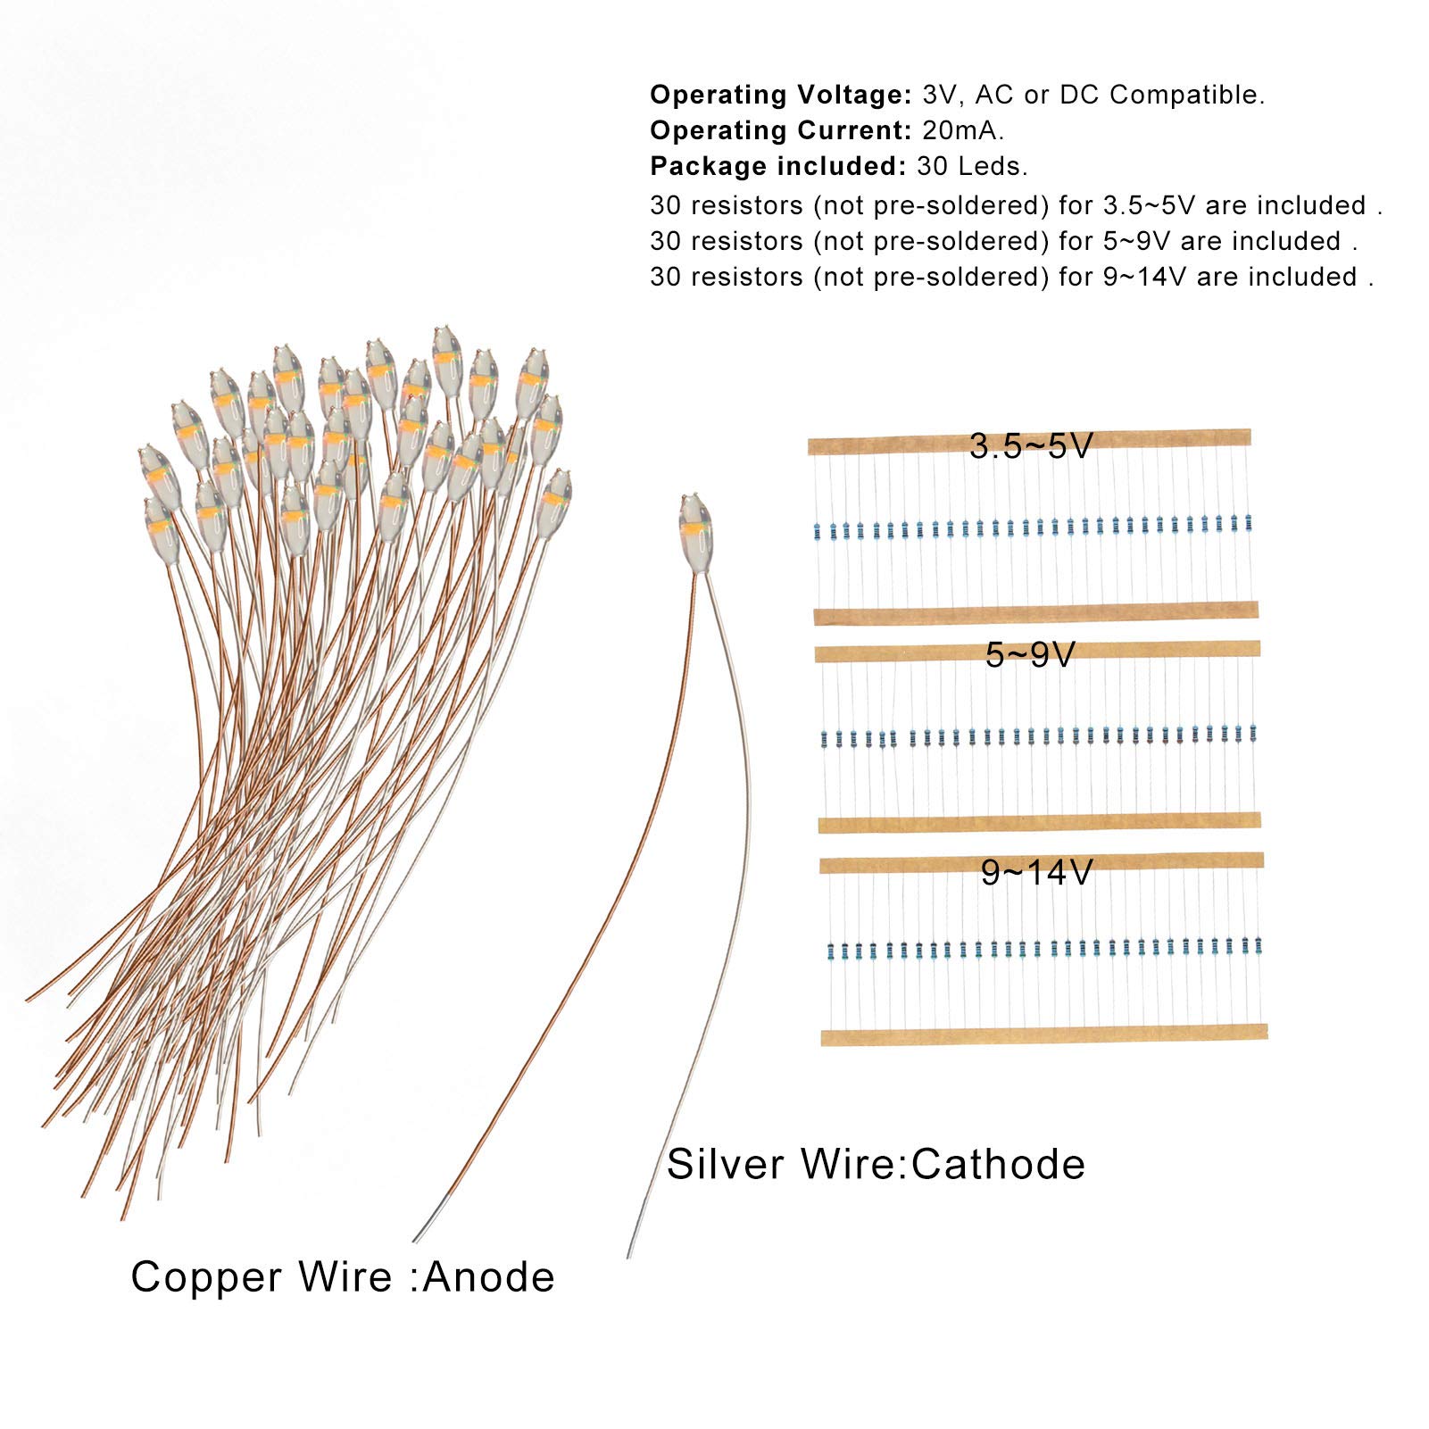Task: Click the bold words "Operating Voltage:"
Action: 780,95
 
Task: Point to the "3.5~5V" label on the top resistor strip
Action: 1031,445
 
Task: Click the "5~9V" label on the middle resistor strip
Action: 1030,655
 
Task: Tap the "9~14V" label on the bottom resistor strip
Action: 1036,872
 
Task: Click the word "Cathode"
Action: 999,1164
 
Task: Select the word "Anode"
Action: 488,1276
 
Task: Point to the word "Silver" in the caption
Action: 726,1164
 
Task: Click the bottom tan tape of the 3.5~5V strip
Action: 1035,613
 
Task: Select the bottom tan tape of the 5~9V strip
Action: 1039,822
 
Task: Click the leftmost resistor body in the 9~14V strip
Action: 831,951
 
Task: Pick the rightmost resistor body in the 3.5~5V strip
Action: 1248,522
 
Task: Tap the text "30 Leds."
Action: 972,166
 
